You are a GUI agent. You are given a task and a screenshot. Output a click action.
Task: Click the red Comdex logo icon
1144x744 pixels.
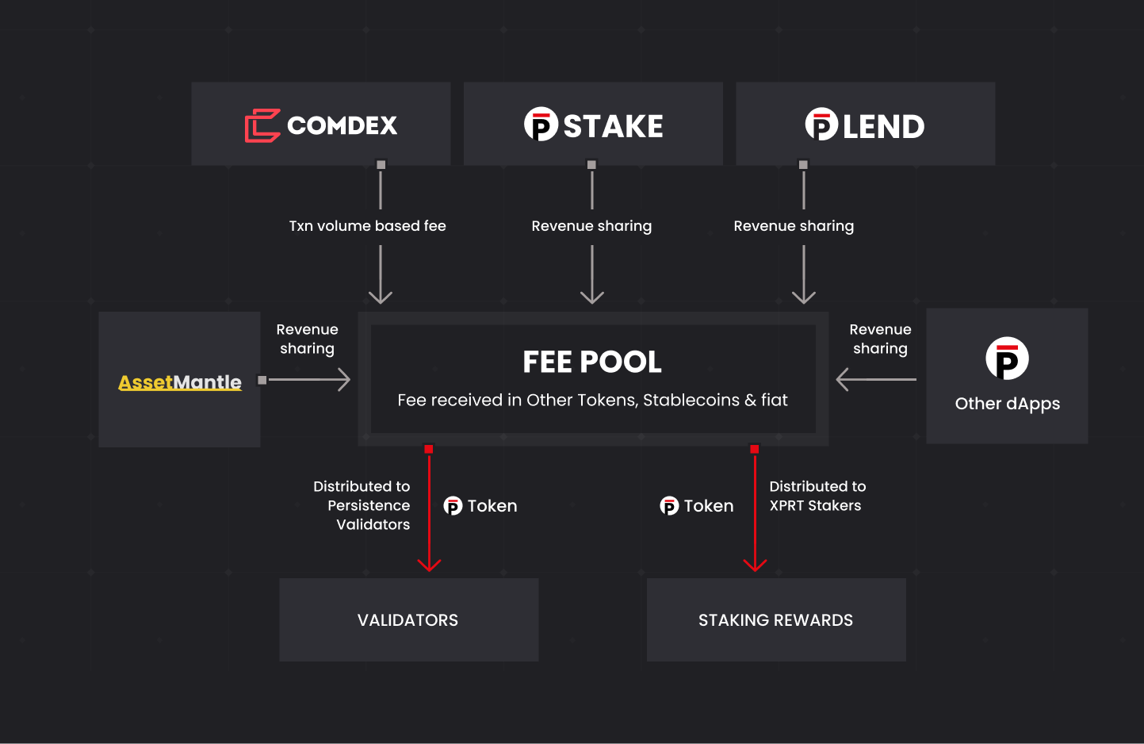click(x=262, y=125)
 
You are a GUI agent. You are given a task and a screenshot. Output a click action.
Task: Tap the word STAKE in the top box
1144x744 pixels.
click(x=613, y=126)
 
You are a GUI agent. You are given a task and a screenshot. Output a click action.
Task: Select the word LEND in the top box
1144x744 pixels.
click(x=883, y=126)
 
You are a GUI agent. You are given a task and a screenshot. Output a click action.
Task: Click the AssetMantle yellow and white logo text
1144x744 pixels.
click(x=180, y=382)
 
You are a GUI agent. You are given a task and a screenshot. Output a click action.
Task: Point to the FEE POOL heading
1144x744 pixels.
click(x=592, y=362)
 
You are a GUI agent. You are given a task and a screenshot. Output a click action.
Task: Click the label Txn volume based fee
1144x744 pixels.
click(x=367, y=226)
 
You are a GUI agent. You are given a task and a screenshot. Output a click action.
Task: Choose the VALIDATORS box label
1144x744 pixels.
click(x=407, y=620)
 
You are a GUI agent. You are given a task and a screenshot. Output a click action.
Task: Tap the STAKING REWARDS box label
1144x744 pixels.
click(x=775, y=620)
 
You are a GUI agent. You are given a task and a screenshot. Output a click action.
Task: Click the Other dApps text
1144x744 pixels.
click(x=1007, y=404)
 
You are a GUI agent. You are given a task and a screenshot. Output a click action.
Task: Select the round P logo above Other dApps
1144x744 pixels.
click(x=1007, y=359)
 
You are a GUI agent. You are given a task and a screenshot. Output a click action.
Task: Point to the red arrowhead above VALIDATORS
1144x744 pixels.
click(x=429, y=564)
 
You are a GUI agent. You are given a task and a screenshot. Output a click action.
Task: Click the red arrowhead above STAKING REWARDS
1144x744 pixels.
click(x=755, y=564)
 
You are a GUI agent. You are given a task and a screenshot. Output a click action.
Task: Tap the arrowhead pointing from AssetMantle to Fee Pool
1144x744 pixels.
click(x=343, y=379)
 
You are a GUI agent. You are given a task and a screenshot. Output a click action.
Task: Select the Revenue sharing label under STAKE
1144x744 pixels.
click(x=591, y=226)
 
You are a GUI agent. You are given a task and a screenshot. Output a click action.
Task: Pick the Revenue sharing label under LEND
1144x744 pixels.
click(x=794, y=226)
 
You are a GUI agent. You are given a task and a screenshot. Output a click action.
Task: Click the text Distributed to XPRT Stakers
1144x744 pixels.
click(x=817, y=496)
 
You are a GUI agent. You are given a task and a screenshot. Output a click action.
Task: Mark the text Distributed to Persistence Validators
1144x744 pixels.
click(x=363, y=505)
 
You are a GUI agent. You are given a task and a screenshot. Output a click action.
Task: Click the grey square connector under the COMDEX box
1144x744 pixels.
click(x=381, y=165)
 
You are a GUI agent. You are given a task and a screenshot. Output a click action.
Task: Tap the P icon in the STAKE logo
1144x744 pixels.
click(x=541, y=125)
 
